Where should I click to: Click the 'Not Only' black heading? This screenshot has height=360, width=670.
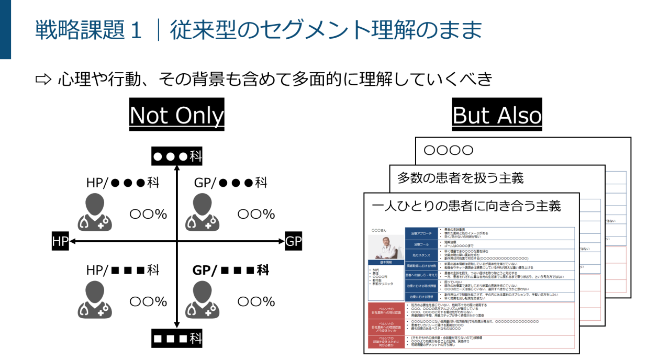(x=176, y=115)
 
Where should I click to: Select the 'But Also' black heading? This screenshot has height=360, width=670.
(x=497, y=115)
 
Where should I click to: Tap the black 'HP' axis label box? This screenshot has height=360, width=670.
(x=60, y=241)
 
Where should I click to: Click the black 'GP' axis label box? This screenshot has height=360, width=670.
(x=294, y=241)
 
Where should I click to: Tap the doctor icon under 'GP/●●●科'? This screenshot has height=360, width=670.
(x=203, y=212)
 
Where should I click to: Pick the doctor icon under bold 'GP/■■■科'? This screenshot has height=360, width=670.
(x=203, y=300)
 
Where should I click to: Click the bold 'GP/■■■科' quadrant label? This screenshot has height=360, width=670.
(x=231, y=270)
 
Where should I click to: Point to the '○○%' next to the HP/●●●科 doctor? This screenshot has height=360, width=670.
(x=148, y=214)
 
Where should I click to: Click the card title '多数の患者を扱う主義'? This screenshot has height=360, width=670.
(x=460, y=178)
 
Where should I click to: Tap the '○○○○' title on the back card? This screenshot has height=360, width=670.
(x=448, y=151)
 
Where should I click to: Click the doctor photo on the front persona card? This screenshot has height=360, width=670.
(x=386, y=246)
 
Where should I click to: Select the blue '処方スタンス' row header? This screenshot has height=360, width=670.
(x=421, y=255)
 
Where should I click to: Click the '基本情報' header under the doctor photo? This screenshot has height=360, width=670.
(x=386, y=263)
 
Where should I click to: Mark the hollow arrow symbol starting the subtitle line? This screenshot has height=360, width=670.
(x=43, y=79)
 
